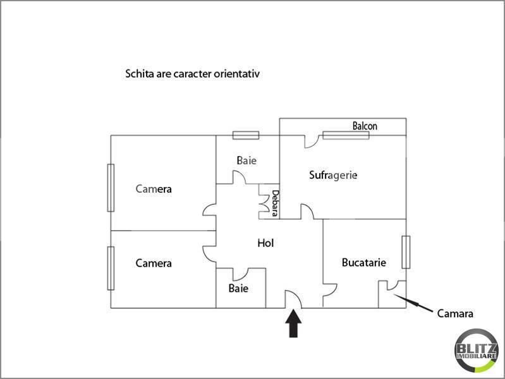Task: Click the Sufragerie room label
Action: click(333, 175)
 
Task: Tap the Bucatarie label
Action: click(363, 262)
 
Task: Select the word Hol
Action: click(265, 243)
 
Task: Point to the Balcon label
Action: click(365, 126)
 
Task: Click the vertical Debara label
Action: click(275, 203)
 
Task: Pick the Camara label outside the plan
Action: click(455, 313)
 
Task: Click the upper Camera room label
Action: click(154, 189)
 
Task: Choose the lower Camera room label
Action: click(154, 263)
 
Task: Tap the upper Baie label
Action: click(246, 160)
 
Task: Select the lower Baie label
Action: click(238, 288)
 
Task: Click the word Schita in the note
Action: click(138, 74)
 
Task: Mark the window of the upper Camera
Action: click(111, 188)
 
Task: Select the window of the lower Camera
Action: click(111, 268)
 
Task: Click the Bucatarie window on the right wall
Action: click(406, 251)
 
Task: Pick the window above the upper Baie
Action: click(245, 135)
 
